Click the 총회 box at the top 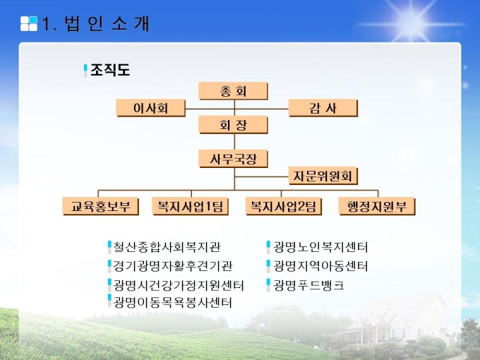pyautogui.click(x=233, y=91)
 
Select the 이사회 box pyautogui.click(x=150, y=108)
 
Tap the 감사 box pyautogui.click(x=323, y=108)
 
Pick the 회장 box pyautogui.click(x=233, y=125)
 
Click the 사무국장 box pyautogui.click(x=233, y=159)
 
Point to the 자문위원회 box pyautogui.click(x=323, y=176)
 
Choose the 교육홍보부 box pyautogui.click(x=101, y=206)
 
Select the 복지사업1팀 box pyautogui.click(x=191, y=206)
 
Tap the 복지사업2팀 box pyautogui.click(x=284, y=206)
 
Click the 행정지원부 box pyautogui.click(x=377, y=206)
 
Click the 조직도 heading pyautogui.click(x=110, y=70)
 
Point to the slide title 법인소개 pyautogui.click(x=107, y=23)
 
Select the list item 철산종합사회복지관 pyautogui.click(x=167, y=247)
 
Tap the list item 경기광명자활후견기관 pyautogui.click(x=173, y=265)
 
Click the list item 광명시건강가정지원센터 pyautogui.click(x=179, y=285)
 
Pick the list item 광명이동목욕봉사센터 pyautogui.click(x=173, y=302)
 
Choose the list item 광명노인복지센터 pyautogui.click(x=320, y=247)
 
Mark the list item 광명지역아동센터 pyautogui.click(x=320, y=265)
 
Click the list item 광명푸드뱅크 pyautogui.click(x=308, y=285)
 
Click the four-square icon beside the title pyautogui.click(x=29, y=23)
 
